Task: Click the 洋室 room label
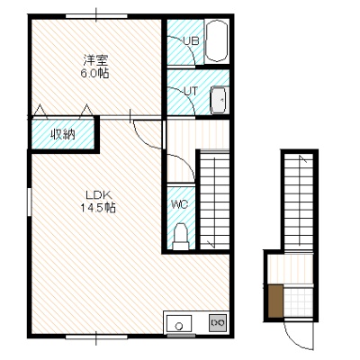click(95, 60)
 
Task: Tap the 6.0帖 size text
click(94, 74)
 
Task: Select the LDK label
click(99, 195)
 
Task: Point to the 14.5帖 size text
click(98, 208)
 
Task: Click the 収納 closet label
click(62, 135)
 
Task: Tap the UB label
click(191, 41)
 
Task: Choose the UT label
click(191, 91)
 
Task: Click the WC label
click(180, 204)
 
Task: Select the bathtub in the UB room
click(216, 41)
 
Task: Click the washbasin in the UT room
click(220, 101)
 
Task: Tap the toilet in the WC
click(181, 236)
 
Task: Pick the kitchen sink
click(179, 324)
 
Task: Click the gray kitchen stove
click(218, 322)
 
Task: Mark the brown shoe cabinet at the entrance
click(275, 301)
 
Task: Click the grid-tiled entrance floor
click(298, 301)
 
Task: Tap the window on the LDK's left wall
click(29, 202)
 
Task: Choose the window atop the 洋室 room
click(96, 16)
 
